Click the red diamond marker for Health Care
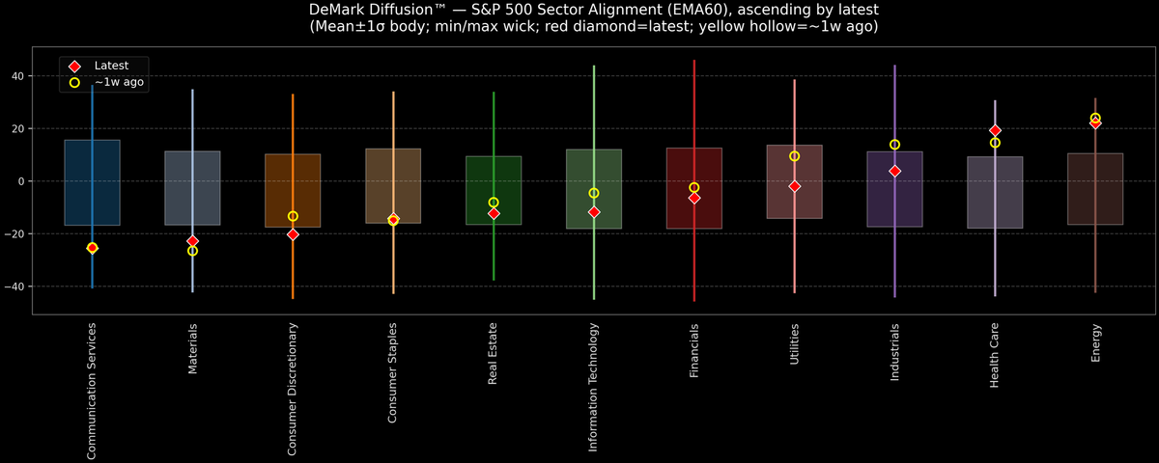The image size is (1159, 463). click(995, 130)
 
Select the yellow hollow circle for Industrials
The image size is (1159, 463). click(894, 145)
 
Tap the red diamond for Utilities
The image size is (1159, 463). click(794, 186)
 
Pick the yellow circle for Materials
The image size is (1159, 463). click(192, 251)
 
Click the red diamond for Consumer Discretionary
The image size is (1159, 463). click(293, 234)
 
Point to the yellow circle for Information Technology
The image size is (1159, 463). click(594, 193)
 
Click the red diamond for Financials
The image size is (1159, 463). click(693, 198)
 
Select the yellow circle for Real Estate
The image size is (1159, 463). click(494, 203)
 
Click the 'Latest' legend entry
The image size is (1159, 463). click(111, 65)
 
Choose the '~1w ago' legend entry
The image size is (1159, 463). click(119, 83)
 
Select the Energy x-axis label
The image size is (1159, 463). click(1095, 343)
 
